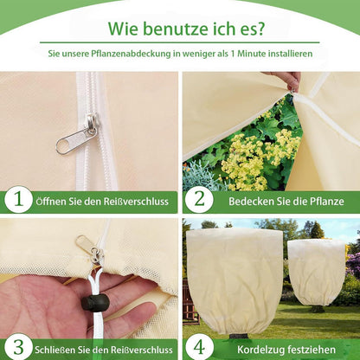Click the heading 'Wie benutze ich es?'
[180, 25]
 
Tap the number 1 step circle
[17, 200]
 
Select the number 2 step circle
[197, 200]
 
